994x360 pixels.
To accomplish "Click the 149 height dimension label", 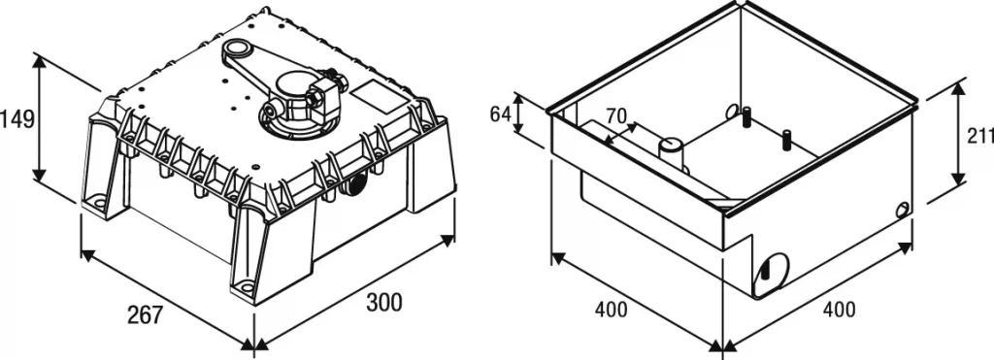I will pos(17,118).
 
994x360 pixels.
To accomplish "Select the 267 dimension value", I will pos(145,314).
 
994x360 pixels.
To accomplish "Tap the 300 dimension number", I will pos(384,302).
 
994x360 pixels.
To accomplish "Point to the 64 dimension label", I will pos(500,115).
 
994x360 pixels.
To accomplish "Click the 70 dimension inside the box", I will pos(615,115).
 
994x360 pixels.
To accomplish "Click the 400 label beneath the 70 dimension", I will pos(611,310).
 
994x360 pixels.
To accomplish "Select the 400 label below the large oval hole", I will pos(839,310).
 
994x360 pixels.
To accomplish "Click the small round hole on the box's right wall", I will pos(903,210).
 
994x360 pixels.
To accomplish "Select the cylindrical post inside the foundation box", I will pos(672,151).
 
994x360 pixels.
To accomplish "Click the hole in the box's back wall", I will pos(733,112).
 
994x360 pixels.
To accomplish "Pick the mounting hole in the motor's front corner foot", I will pos(247,287).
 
